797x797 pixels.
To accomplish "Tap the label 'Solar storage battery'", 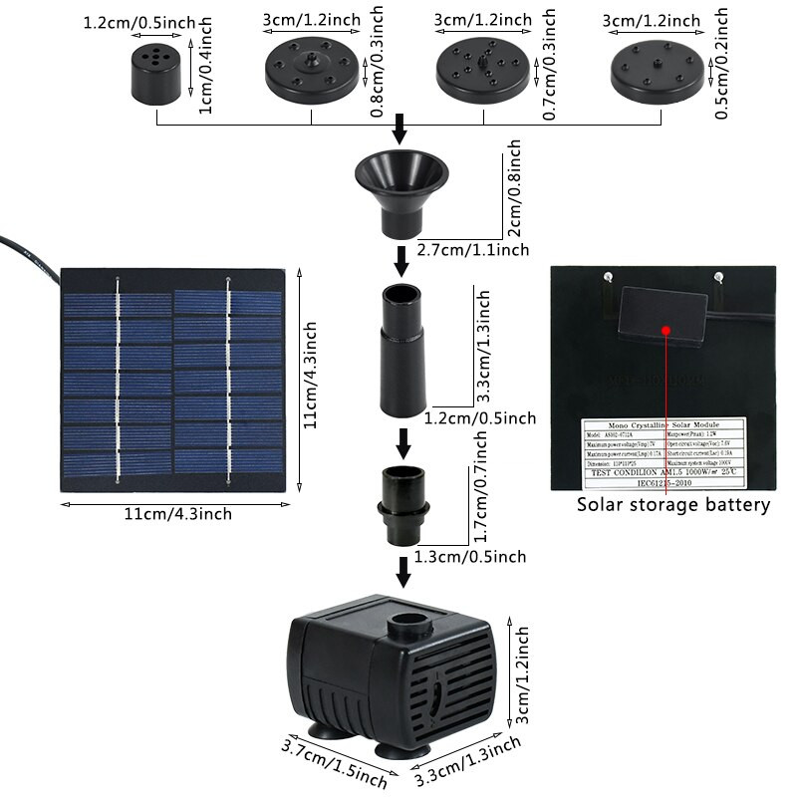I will coord(674,505).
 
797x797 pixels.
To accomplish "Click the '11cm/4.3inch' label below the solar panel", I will coord(178,514).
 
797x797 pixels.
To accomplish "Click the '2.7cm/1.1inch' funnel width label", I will coord(473,250).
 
